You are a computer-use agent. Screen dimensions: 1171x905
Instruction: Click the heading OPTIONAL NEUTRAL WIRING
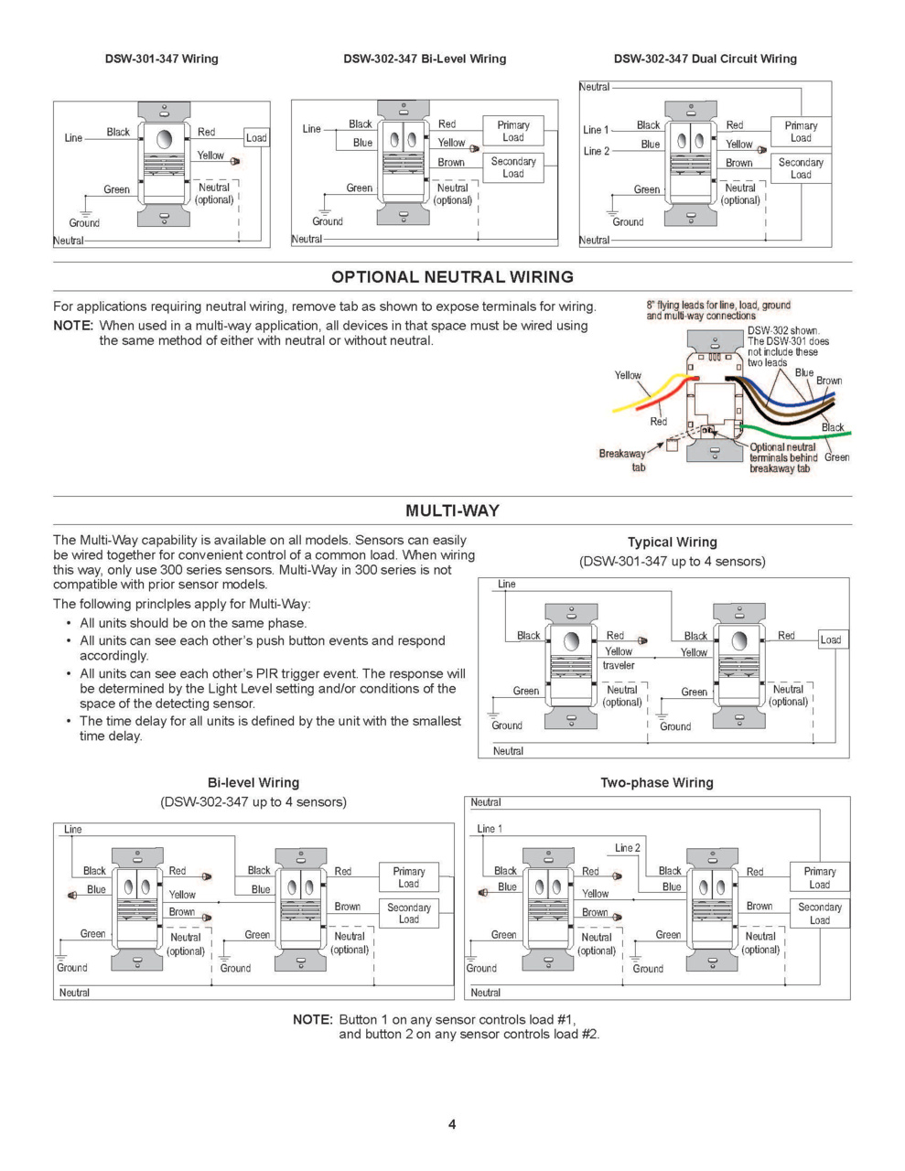(x=452, y=277)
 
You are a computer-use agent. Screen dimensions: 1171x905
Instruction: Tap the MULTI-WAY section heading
(x=452, y=510)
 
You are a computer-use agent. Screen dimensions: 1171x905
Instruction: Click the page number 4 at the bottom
(x=452, y=1124)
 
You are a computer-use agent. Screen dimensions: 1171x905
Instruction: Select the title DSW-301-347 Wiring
(x=161, y=59)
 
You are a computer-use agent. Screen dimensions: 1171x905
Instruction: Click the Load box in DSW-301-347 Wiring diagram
(x=256, y=138)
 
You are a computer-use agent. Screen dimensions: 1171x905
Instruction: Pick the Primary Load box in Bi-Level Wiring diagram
(x=513, y=131)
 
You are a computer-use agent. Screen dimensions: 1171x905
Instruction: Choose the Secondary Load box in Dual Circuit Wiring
(x=801, y=168)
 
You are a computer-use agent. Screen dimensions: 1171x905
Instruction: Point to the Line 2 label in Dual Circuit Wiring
(x=596, y=151)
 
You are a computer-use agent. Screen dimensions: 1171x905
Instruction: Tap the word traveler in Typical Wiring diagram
(x=619, y=665)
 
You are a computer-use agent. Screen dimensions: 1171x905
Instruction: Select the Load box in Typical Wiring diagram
(x=831, y=639)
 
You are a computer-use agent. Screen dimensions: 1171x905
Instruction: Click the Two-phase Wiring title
(x=656, y=782)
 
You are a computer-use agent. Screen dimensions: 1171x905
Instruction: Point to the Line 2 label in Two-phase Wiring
(x=628, y=848)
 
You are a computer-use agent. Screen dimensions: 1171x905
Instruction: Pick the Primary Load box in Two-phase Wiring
(x=820, y=877)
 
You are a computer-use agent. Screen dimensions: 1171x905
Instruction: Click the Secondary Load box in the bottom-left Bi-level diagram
(x=409, y=913)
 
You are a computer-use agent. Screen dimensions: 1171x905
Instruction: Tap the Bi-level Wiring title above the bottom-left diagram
(x=253, y=782)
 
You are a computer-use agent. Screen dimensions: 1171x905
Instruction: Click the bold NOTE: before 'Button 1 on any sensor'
(x=312, y=1019)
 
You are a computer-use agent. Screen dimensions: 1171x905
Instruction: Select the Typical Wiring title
(x=672, y=542)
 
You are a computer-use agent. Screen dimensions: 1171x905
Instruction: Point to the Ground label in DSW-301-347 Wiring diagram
(x=84, y=222)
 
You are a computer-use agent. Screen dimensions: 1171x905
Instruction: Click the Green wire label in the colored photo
(x=836, y=457)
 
